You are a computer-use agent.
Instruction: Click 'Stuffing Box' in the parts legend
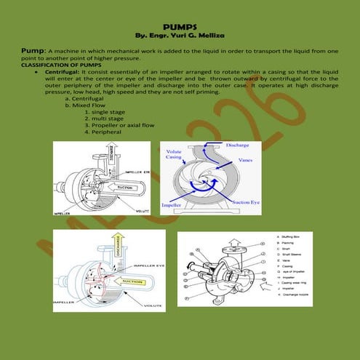point(292,237)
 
